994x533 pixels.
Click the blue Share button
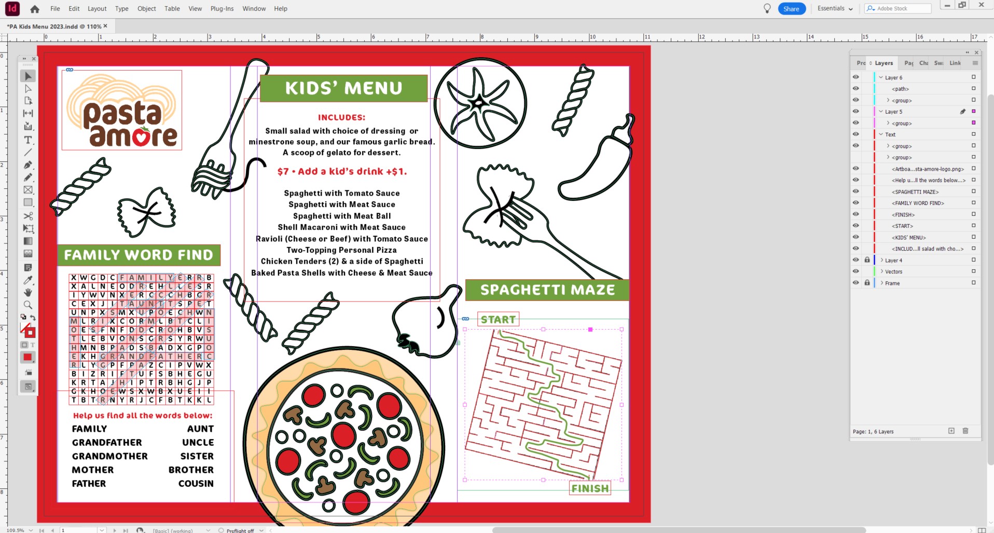[791, 9]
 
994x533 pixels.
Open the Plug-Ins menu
[222, 9]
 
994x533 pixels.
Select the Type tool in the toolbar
[28, 140]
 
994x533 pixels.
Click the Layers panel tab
[883, 63]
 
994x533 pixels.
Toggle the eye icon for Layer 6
[856, 77]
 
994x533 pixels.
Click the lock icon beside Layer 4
[867, 260]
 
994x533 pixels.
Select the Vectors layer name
[893, 272]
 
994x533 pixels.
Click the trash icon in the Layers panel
[965, 431]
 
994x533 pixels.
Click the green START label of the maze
[498, 320]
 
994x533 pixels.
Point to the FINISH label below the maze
[590, 488]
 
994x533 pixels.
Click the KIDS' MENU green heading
[343, 88]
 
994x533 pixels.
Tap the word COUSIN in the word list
[196, 484]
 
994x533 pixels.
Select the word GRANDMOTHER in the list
[110, 456]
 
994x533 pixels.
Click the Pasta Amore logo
[122, 111]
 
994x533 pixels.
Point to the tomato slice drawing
[480, 103]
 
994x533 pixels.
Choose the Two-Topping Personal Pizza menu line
[341, 250]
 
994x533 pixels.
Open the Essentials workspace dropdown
[835, 9]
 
